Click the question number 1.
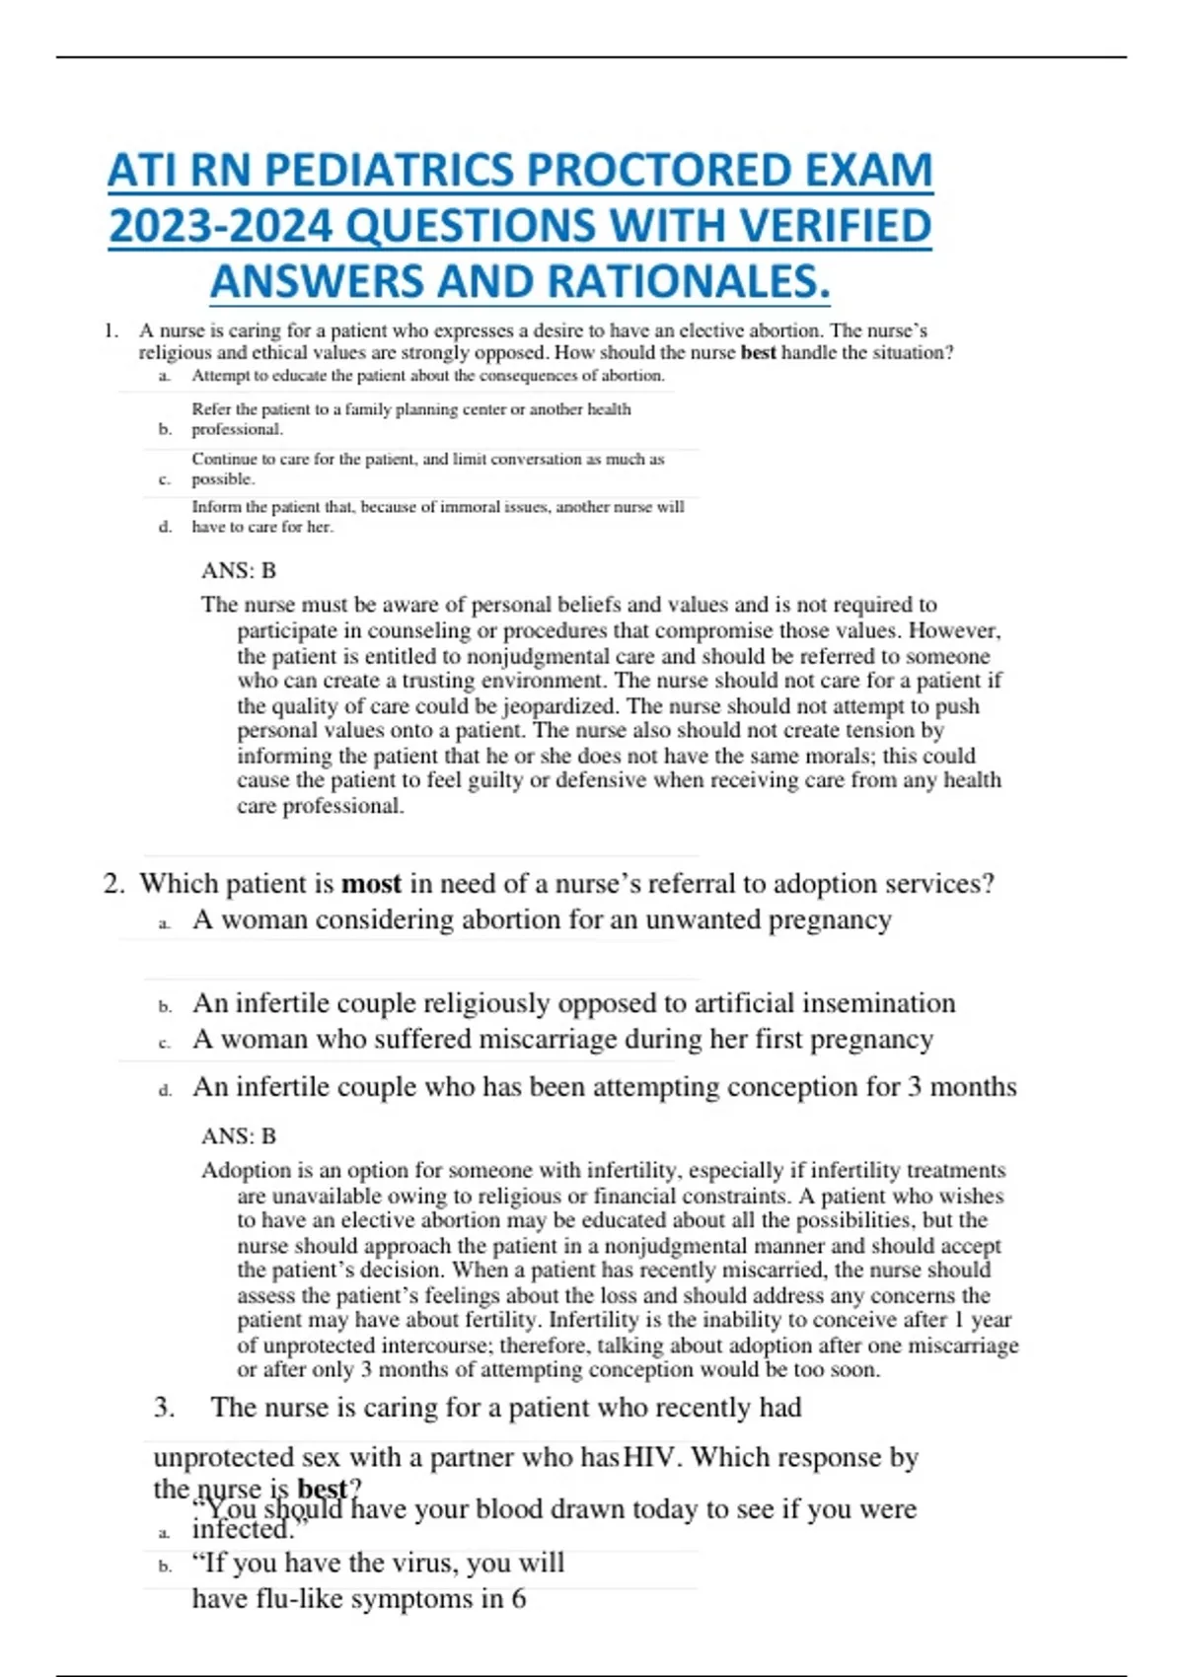[x=111, y=330]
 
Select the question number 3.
[x=164, y=1407]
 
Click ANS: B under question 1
[x=239, y=570]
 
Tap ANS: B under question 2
[x=239, y=1135]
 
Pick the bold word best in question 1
[x=758, y=352]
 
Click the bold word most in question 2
[x=371, y=883]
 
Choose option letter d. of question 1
[x=165, y=527]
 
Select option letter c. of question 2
[x=165, y=1042]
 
